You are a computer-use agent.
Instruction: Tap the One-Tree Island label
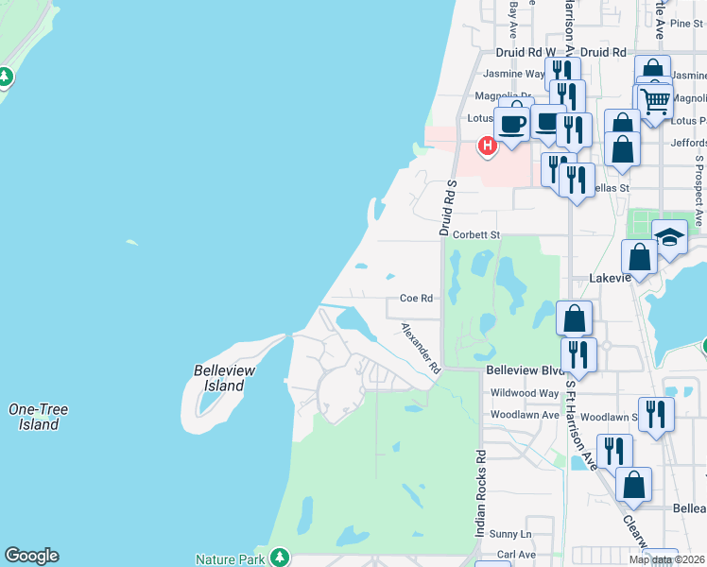38,417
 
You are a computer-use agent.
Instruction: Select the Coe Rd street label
416,298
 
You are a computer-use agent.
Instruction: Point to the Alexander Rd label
422,347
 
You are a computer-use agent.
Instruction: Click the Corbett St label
475,234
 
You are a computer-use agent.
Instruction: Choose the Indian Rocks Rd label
481,493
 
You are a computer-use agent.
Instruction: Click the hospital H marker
487,146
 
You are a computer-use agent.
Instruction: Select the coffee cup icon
512,124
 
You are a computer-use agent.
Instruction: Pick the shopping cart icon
655,100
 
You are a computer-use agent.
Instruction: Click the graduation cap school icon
669,238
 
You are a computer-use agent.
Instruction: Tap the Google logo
31,556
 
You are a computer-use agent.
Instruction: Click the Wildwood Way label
525,392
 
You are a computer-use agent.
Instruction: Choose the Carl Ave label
516,554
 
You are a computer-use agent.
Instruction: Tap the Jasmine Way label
514,73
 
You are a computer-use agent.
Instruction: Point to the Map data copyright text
666,559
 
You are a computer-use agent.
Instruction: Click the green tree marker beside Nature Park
279,558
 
